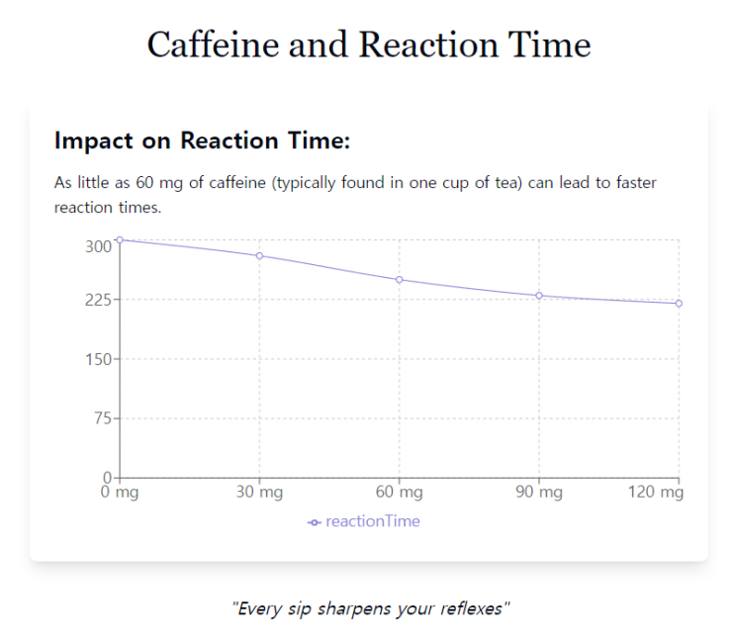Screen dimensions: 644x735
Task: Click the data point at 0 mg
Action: coord(120,239)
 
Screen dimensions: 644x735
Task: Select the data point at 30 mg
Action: coord(259,256)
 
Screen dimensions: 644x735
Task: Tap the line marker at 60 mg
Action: coord(400,280)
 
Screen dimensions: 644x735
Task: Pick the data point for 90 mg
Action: coord(539,296)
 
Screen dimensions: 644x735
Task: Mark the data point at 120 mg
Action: coord(679,304)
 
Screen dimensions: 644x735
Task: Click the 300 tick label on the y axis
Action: coord(99,246)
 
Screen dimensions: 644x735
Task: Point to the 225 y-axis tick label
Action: coord(99,300)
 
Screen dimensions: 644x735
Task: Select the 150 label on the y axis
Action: coord(99,359)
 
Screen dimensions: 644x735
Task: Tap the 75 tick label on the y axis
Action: coord(103,418)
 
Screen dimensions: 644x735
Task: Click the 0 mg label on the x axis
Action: coord(120,493)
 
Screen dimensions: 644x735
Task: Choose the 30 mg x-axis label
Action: coord(259,493)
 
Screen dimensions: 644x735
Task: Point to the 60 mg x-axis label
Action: coord(400,493)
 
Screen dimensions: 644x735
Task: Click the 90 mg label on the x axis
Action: coord(539,493)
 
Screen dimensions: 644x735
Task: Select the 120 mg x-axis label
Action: coord(656,493)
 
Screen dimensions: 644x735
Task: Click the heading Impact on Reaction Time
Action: coord(203,141)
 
